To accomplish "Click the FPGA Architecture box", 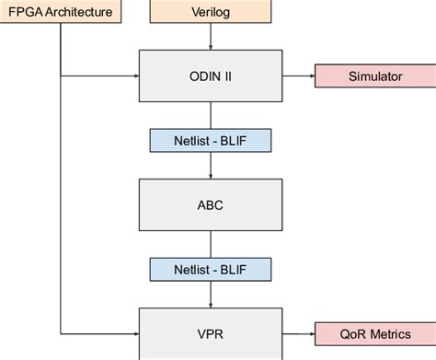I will coord(61,12).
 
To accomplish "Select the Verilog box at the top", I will coord(212,12).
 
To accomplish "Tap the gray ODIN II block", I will coord(212,75).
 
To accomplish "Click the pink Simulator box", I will coord(374,75).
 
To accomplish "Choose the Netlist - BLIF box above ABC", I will coord(212,141).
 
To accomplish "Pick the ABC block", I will coord(212,204).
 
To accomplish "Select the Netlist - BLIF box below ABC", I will coord(212,269).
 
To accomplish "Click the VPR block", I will coord(212,334).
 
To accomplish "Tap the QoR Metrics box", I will coord(374,334).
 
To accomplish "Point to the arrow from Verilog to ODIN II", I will coord(212,35).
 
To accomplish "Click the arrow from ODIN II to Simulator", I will coord(300,75).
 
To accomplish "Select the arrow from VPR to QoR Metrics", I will coord(300,334).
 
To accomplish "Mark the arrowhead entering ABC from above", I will coord(212,174).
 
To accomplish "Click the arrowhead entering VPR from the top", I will coord(212,304).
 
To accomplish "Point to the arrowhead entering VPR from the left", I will coord(133,334).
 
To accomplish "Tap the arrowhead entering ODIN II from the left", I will coord(133,75).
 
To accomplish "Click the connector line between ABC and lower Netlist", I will coord(212,244).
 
